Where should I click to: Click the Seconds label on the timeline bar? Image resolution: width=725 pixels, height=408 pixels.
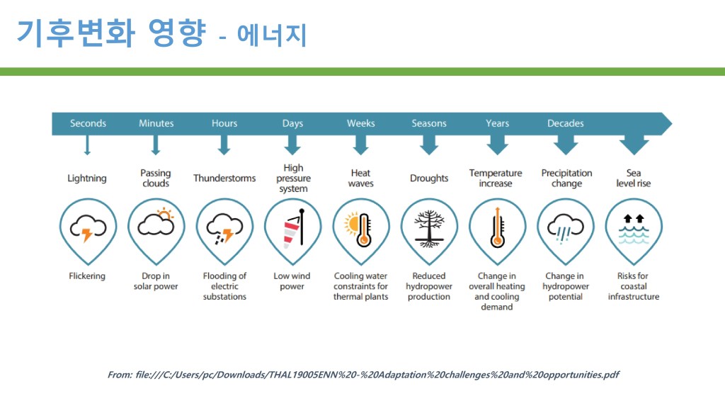88,123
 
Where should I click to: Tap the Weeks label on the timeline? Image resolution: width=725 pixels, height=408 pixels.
360,123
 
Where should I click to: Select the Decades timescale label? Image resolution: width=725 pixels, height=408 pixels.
565,123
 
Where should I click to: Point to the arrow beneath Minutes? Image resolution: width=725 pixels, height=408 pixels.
156,146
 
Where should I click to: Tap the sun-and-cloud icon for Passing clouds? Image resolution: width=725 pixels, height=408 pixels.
156,223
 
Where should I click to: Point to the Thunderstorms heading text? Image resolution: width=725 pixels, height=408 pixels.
224,178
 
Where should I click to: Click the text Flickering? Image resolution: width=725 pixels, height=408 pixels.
87,276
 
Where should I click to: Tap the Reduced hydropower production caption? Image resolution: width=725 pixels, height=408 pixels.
429,286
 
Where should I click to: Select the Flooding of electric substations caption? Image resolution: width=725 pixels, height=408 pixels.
224,286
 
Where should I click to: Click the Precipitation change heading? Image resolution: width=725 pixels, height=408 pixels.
566,178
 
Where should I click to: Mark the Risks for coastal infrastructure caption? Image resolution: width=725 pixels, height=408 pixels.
634,286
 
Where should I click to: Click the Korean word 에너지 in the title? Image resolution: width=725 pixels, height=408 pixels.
273,35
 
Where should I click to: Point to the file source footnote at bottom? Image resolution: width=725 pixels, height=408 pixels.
362,375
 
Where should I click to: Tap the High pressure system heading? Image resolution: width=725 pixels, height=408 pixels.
293,178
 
